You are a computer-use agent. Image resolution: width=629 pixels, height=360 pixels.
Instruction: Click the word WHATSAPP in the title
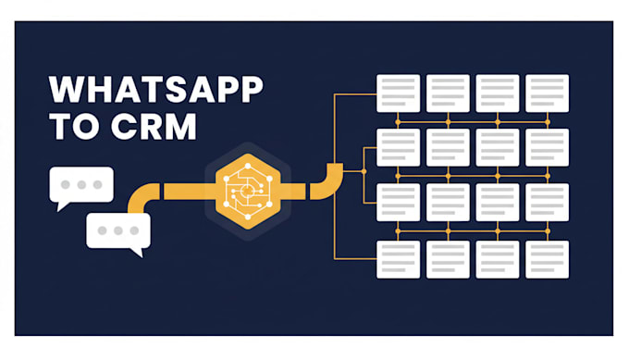click(155, 89)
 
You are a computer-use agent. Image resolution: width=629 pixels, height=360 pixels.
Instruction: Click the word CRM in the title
click(154, 127)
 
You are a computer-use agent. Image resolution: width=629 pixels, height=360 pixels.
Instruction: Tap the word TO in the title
click(73, 127)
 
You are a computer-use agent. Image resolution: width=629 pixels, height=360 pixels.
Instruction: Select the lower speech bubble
click(118, 234)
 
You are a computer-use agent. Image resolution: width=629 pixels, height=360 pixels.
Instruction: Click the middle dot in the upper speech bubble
click(81, 184)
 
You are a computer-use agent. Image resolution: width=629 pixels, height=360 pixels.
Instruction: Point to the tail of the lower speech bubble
click(138, 253)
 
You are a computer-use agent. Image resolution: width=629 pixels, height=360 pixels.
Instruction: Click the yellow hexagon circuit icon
click(248, 192)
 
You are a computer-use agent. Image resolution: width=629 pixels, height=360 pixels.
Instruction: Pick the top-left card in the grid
click(399, 93)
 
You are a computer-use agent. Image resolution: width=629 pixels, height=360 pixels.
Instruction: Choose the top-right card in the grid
click(548, 93)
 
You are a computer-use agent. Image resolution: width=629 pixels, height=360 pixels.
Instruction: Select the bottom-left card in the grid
click(399, 260)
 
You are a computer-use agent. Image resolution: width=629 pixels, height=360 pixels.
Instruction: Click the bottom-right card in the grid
click(548, 260)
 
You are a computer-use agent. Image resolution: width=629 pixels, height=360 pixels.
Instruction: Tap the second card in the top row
click(448, 93)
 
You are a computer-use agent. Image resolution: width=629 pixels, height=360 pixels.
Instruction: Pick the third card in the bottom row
click(498, 260)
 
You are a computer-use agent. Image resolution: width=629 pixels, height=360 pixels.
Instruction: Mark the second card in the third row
click(448, 203)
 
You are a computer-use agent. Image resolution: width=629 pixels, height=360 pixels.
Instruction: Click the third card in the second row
click(498, 148)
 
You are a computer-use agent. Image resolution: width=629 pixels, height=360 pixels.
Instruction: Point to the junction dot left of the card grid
click(364, 171)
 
